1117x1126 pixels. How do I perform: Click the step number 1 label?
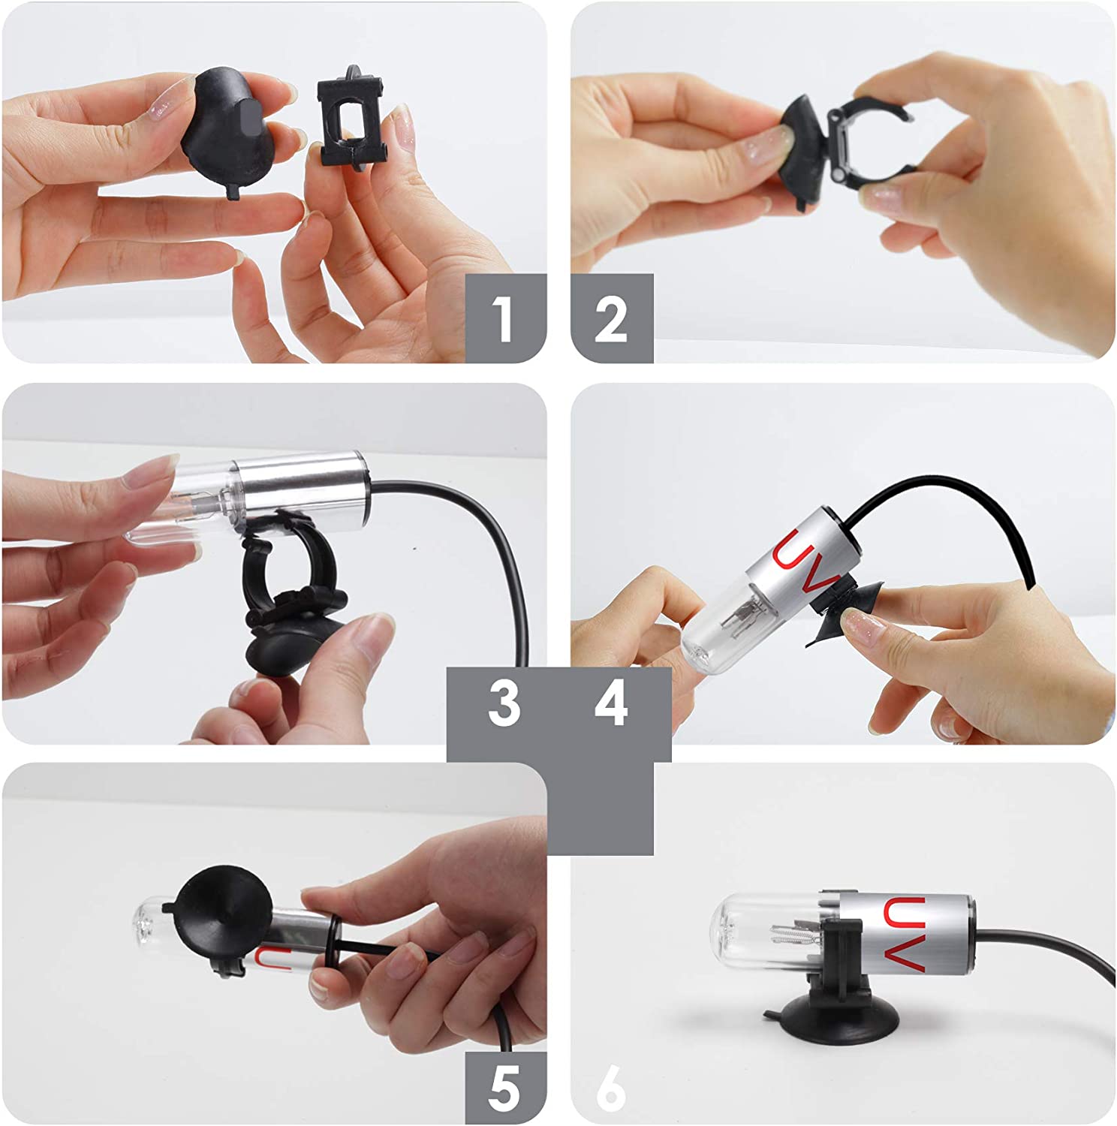[504, 319]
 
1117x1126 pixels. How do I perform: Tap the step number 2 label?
[611, 320]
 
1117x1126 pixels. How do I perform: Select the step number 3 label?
[504, 703]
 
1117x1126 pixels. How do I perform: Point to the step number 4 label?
[611, 703]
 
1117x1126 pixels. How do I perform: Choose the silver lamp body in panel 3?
[301, 488]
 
